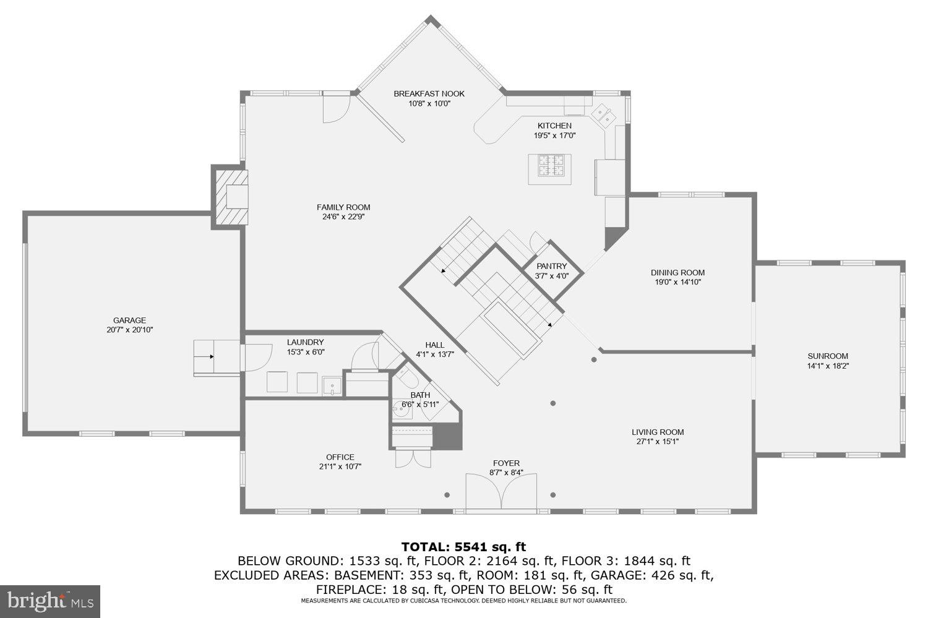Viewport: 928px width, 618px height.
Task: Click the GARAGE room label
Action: [x=129, y=320]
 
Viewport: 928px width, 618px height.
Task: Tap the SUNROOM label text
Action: [x=827, y=356]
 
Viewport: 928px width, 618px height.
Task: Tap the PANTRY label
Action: [x=551, y=266]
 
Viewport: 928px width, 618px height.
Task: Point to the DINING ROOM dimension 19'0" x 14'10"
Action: [x=677, y=282]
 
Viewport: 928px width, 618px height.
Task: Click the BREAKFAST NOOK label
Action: [x=429, y=94]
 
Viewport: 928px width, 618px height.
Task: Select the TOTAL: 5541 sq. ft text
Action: [x=463, y=546]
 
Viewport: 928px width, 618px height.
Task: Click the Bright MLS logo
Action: [x=50, y=600]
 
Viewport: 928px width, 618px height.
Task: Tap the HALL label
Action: [x=434, y=345]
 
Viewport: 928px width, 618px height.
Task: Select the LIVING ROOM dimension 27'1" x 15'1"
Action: [x=658, y=442]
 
